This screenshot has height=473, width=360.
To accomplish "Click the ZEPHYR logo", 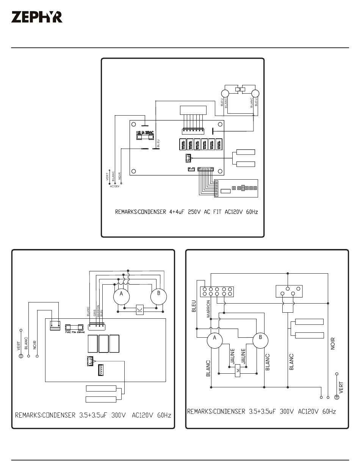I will point(37,17).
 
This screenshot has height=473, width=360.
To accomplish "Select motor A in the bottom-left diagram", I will point(122,294).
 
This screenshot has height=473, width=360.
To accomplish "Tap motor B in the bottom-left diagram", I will point(159,294).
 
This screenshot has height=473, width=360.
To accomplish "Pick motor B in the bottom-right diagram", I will point(260,338).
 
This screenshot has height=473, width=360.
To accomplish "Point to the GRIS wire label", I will point(94,313).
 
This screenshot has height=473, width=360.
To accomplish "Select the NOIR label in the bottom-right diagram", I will point(333,343).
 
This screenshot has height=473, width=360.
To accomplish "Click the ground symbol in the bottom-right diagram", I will point(337,397).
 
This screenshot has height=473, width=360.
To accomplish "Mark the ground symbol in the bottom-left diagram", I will point(21,356).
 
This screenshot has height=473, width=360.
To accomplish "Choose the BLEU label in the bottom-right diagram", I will point(194,306).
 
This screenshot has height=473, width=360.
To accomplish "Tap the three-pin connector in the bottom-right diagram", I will point(288,291).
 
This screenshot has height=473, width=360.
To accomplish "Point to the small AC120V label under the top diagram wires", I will point(115,186).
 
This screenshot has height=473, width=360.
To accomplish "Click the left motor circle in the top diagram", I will point(225,93).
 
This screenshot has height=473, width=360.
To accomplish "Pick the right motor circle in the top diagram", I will point(255,93).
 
